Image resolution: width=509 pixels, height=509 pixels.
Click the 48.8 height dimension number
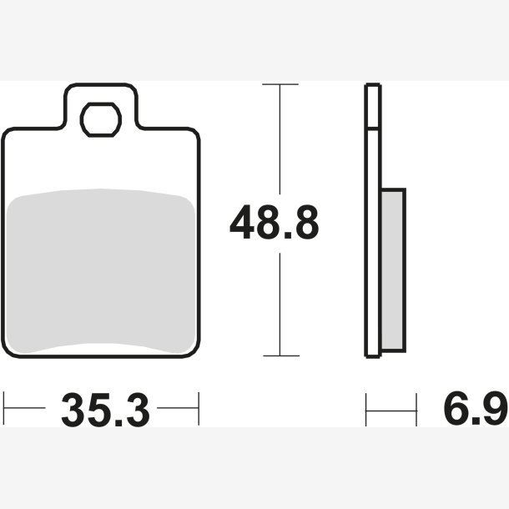pyautogui.click(x=275, y=222)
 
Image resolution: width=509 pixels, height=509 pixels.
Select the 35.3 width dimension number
pyautogui.click(x=105, y=410)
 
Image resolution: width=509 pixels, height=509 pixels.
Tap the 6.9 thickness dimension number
pyautogui.click(x=476, y=407)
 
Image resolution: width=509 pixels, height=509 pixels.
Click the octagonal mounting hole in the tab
pyautogui.click(x=101, y=119)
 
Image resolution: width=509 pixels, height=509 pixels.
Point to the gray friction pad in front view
pyautogui.click(x=101, y=271)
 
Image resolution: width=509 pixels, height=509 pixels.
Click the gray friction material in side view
pyautogui.click(x=393, y=270)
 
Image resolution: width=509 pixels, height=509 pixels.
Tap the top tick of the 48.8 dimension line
pyautogui.click(x=280, y=84)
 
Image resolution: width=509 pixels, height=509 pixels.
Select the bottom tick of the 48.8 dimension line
pyautogui.click(x=281, y=355)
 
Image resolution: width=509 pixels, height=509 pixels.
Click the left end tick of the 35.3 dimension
pyautogui.click(x=3, y=408)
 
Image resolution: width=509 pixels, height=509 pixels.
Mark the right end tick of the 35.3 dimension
pyautogui.click(x=199, y=408)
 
